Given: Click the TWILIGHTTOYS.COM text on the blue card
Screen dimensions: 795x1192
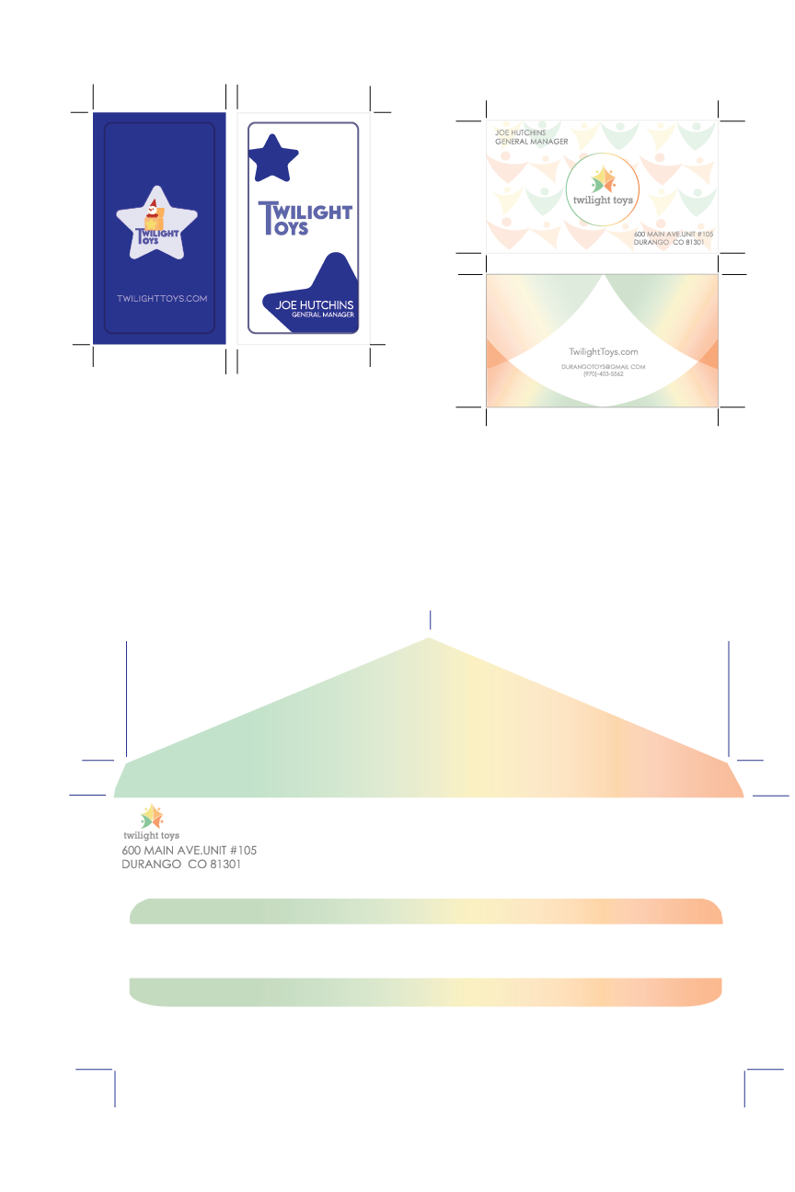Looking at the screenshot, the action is pos(162,299).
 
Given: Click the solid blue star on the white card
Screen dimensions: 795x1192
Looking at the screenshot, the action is pos(274,158).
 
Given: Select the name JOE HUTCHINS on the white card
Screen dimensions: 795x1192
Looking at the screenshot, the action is pos(314,305).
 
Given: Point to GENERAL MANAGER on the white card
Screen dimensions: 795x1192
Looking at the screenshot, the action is pos(322,315).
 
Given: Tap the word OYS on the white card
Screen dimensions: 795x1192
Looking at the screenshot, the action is pos(293,229).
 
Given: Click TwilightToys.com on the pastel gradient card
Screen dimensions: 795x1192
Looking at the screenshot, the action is pos(603,352).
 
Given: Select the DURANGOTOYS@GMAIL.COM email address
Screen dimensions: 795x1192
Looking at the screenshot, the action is pos(603,367).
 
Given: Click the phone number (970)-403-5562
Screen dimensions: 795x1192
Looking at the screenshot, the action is pos(603,374).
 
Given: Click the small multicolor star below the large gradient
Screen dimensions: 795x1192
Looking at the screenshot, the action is pos(151,818).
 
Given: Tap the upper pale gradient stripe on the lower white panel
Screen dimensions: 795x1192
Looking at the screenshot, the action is pos(423,911).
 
